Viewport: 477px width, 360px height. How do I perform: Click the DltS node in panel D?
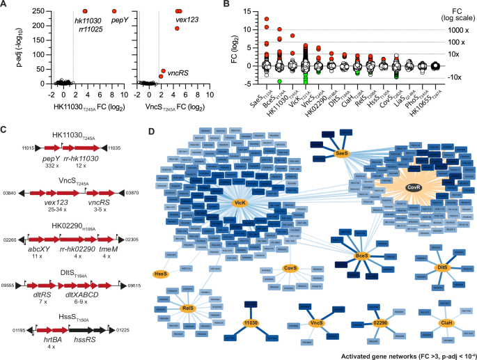(440, 267)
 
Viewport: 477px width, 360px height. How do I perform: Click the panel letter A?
(5, 5)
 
